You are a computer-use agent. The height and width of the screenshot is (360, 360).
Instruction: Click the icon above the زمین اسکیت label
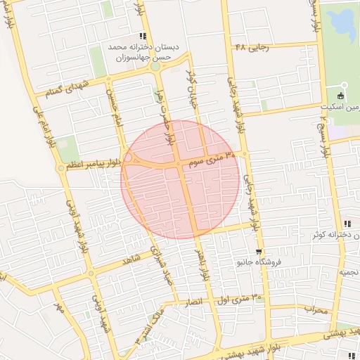[x=342, y=96]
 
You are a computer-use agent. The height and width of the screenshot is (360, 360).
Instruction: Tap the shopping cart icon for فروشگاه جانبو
[x=259, y=252]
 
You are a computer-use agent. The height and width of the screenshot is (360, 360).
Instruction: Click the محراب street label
[x=316, y=309]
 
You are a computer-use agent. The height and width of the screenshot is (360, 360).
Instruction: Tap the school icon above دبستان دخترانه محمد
[x=143, y=36]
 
